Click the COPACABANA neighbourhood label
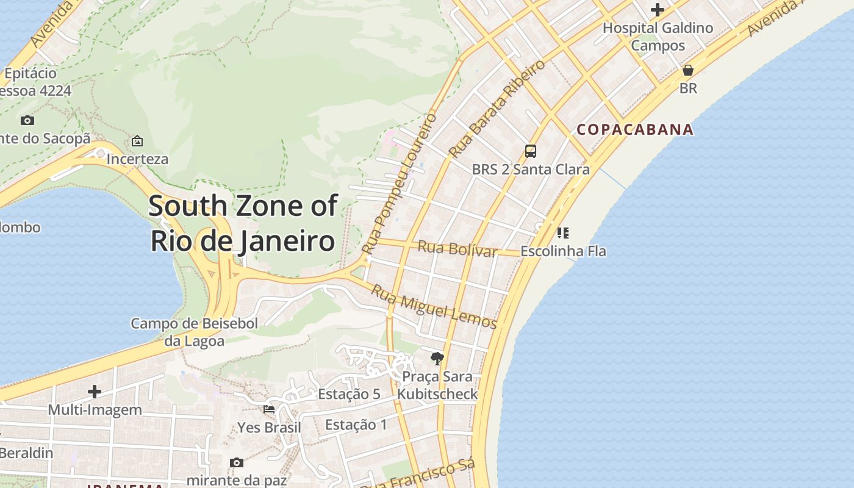coord(635,129)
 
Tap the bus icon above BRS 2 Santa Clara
coord(531,151)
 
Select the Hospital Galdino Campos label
coord(658,37)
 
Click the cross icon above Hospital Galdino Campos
coord(657,10)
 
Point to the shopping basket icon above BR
coord(688,70)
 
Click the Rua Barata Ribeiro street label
coord(497,109)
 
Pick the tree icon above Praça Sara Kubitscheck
coord(437,358)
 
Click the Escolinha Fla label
coord(563,251)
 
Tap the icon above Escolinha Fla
coord(562,232)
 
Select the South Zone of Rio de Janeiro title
coord(243,223)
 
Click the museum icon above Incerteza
coord(137,142)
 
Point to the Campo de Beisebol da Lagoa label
coord(194,332)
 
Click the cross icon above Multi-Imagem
coord(95,391)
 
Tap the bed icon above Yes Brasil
coord(269,409)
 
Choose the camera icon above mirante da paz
coord(237,463)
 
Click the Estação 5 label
coord(349,394)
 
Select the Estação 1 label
coord(356,425)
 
